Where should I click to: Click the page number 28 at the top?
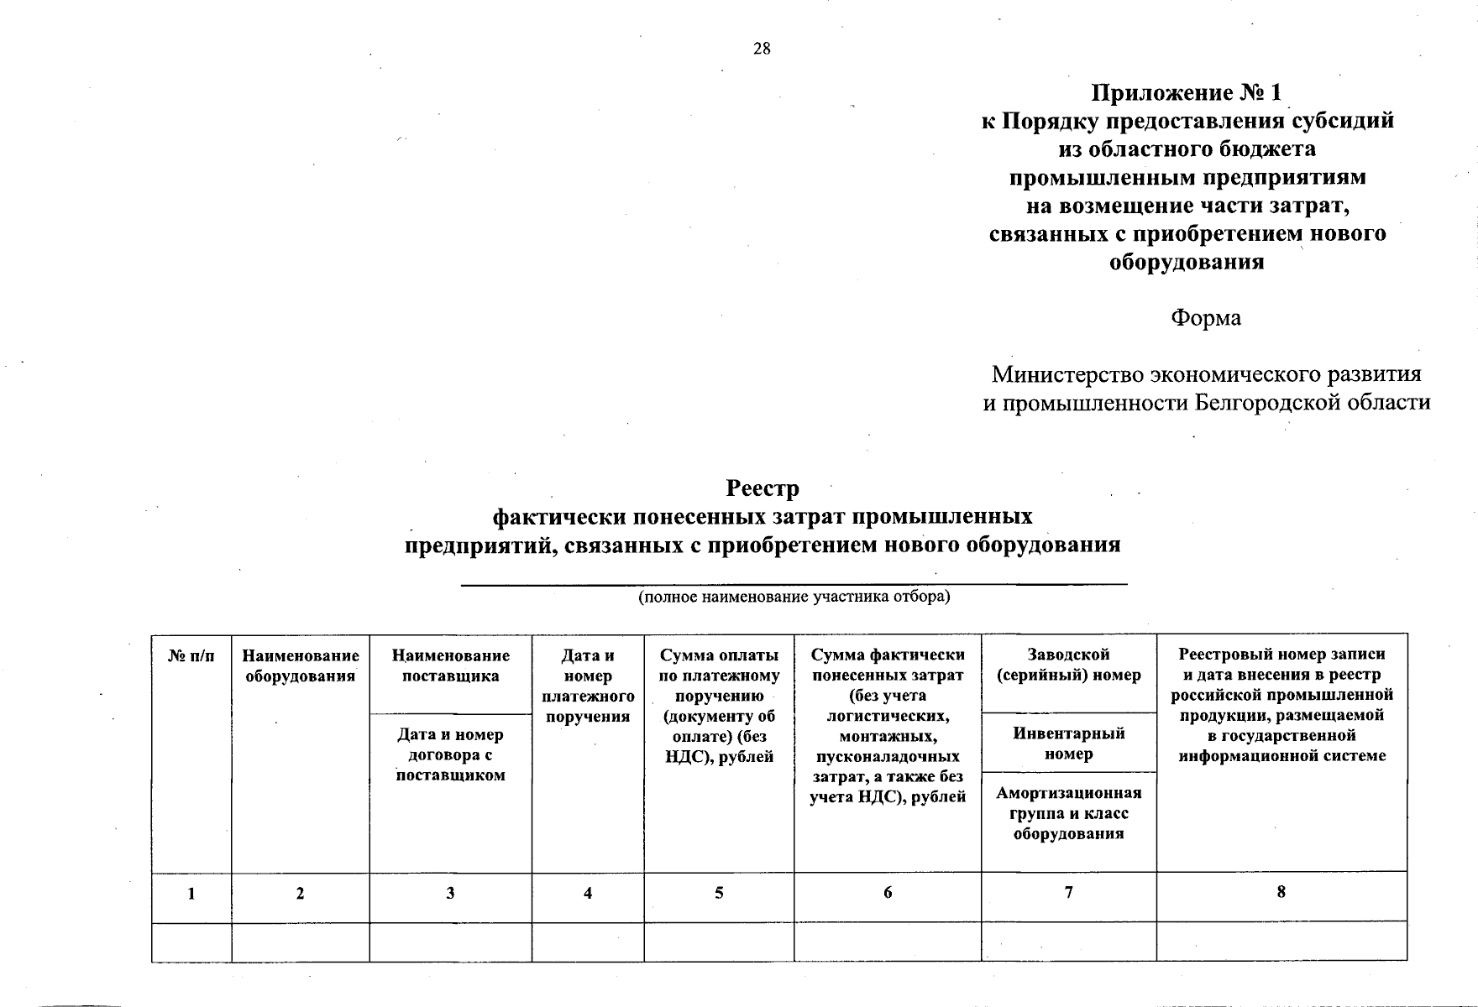coord(762,49)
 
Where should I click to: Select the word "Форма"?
coord(1206,318)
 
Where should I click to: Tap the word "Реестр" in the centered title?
coord(763,488)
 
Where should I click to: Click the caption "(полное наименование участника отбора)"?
coord(794,597)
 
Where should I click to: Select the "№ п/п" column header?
coord(191,656)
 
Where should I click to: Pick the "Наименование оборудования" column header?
coord(301,665)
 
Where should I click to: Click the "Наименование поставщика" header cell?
coord(450,665)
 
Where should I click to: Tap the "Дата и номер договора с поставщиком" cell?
coord(450,754)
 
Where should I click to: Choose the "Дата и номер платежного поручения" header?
coord(588,686)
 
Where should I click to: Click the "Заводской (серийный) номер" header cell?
coord(1068,665)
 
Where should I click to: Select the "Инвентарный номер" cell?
coord(1068,744)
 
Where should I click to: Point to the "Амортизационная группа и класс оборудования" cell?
coord(1068,813)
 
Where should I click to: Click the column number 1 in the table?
coord(191,894)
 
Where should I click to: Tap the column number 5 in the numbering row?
coord(719,894)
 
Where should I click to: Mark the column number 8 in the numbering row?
coord(1281,892)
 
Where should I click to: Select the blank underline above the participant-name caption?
coord(794,583)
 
